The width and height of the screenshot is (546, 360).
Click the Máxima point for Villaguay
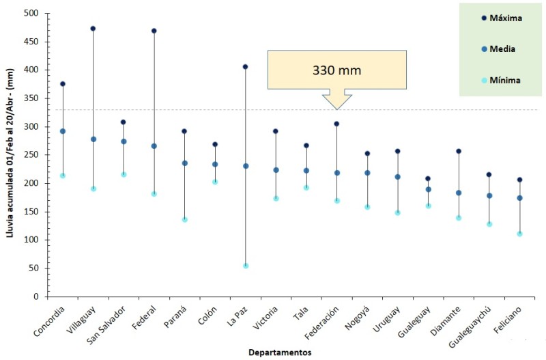point(93,29)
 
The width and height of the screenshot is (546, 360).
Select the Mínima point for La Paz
point(246,266)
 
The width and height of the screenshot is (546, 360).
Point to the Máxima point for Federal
point(154,31)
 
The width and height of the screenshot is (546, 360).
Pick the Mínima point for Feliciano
point(520,234)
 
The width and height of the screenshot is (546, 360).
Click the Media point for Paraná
point(184,163)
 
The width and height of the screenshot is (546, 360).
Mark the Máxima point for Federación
point(336,124)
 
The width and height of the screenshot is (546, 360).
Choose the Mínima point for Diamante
point(459,218)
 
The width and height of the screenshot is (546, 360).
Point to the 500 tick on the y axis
point(29,13)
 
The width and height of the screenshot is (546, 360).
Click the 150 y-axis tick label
point(29,212)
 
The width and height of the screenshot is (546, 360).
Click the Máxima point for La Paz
point(246,67)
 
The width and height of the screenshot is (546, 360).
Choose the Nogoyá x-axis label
point(358,318)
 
